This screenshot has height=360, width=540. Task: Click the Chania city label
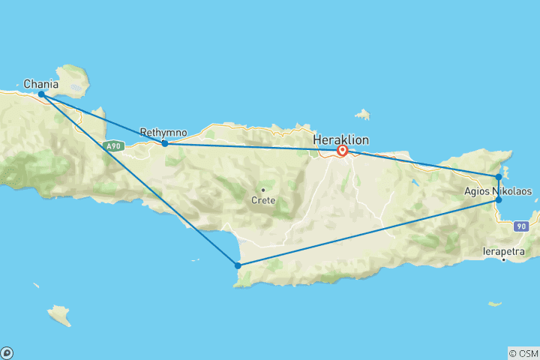point(41,84)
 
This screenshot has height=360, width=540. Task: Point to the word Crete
point(263,200)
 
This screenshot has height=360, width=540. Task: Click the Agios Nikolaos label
point(498,191)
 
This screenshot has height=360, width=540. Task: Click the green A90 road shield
point(114,146)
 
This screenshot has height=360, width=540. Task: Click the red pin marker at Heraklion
point(342,151)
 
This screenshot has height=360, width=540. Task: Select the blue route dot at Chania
point(41,94)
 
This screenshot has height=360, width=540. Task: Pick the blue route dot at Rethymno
point(165,143)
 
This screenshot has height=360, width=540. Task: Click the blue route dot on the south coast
point(238,265)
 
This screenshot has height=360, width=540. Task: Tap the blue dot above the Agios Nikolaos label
point(499,177)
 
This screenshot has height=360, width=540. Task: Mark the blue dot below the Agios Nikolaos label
point(499,200)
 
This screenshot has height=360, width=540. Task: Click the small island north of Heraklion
point(364,115)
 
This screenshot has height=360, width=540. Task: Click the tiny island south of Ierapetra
point(494,304)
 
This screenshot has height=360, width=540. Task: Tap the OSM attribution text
point(523,352)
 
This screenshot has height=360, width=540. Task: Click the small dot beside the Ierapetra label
point(503,260)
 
